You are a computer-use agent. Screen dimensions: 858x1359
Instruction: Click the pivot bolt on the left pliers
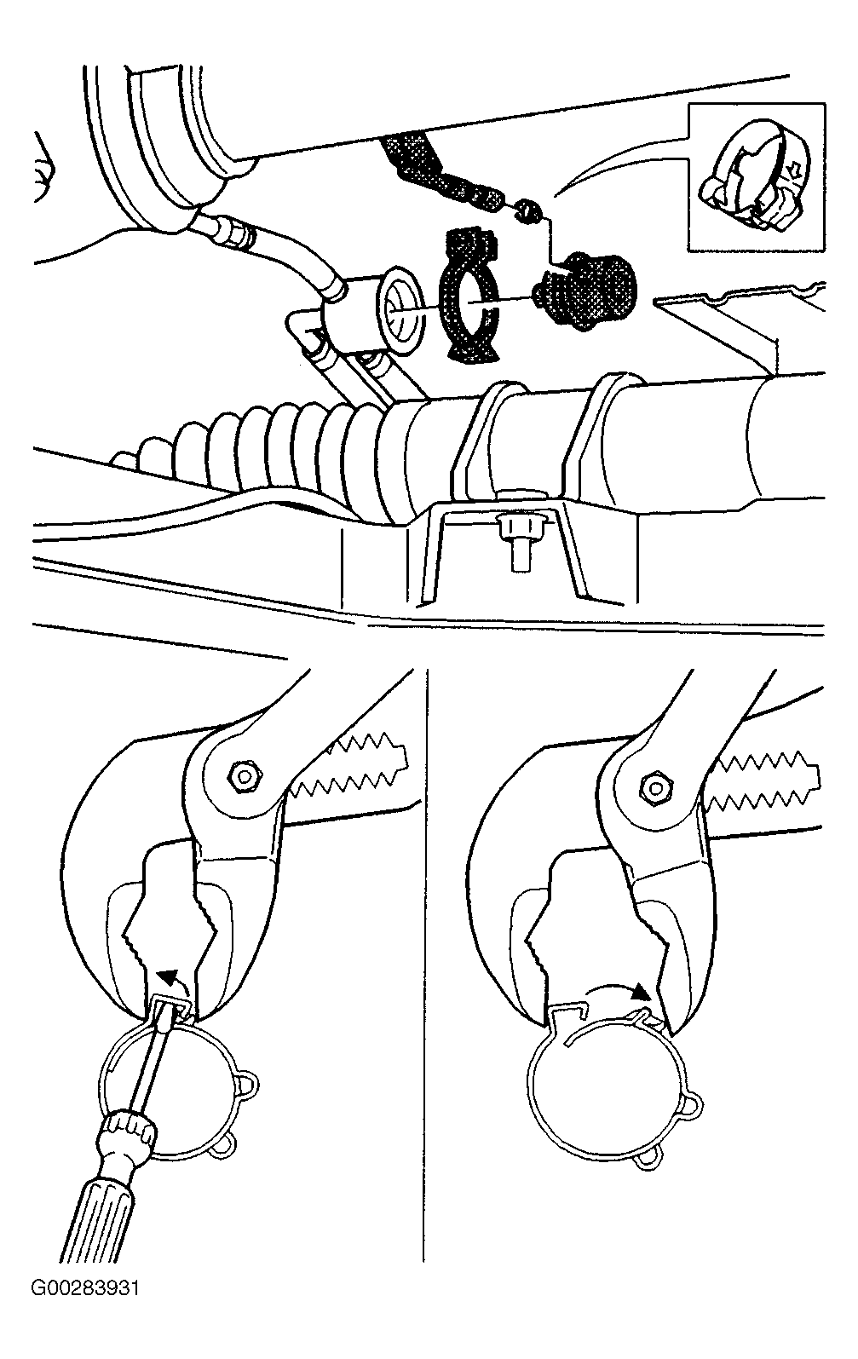[x=245, y=775]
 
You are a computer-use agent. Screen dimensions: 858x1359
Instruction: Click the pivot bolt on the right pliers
[x=655, y=788]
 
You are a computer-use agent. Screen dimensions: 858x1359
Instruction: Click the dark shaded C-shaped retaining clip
[x=469, y=297]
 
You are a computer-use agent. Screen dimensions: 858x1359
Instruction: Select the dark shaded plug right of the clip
[x=584, y=291]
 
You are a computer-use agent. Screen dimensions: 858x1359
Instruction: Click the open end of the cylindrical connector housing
[x=401, y=309]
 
